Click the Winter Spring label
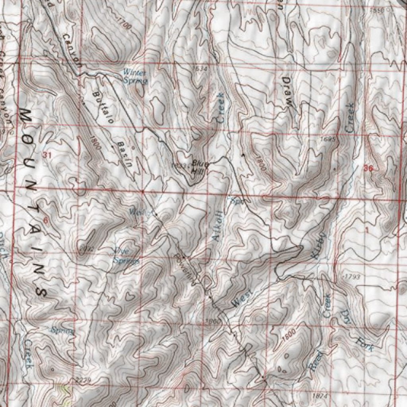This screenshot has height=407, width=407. [136, 77]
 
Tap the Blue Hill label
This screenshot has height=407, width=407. [198, 167]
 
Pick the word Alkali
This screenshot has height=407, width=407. [217, 226]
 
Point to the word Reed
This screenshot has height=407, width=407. [317, 359]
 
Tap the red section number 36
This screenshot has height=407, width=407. [368, 169]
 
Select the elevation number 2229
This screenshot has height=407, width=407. [83, 380]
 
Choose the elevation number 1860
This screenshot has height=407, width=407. [213, 321]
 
